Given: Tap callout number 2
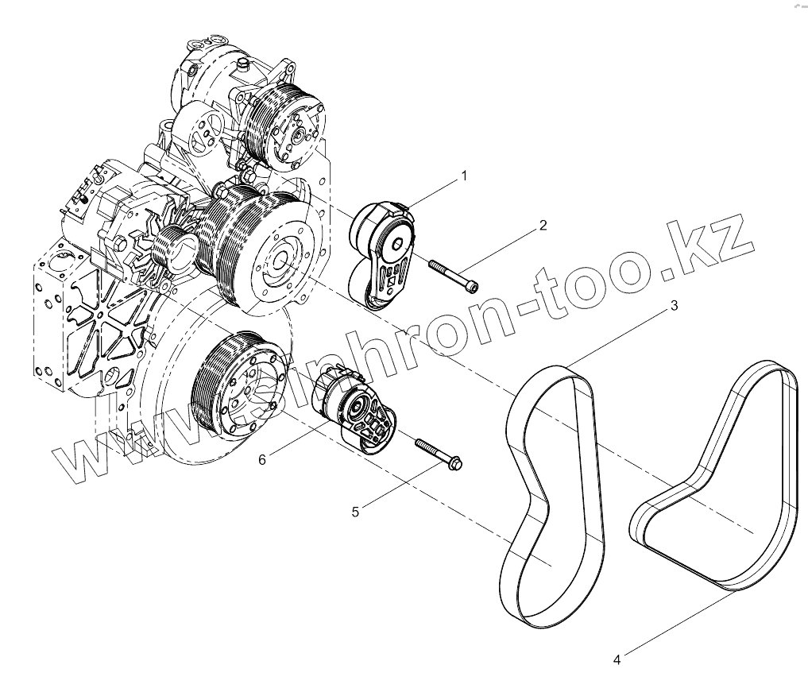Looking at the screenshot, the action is [543, 225].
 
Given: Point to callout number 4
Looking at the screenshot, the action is [617, 659].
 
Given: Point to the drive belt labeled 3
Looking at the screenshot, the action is [551, 493].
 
